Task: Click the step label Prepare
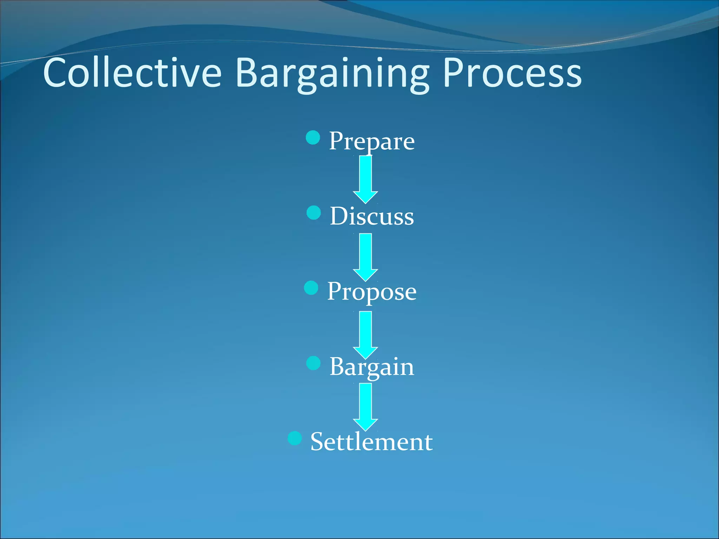pos(371,141)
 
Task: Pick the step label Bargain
pos(371,367)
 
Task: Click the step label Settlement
pos(371,442)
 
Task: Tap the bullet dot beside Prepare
pos(313,138)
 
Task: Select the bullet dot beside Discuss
pos(314,213)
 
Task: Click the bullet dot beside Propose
pos(311,288)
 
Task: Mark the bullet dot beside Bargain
pos(313,363)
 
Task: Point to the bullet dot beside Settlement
pos(295,438)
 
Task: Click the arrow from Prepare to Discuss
pos(365,179)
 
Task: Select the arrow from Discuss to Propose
pos(365,257)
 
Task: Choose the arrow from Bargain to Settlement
pos(365,406)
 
